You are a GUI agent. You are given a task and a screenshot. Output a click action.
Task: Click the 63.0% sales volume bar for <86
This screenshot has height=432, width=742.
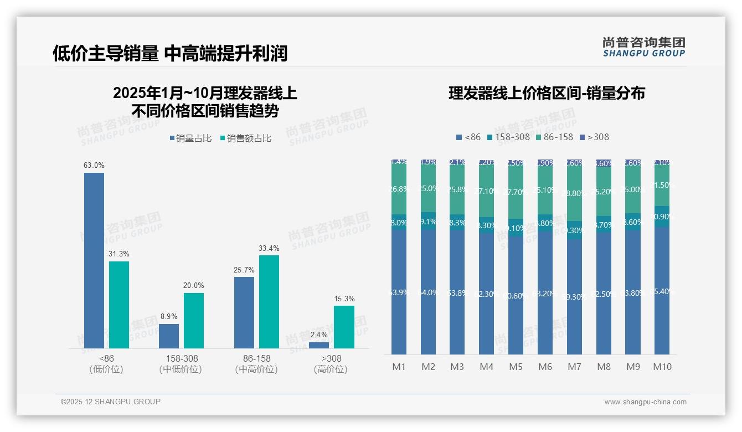94,260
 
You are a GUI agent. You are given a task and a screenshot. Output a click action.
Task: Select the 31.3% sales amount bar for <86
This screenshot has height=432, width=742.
119,305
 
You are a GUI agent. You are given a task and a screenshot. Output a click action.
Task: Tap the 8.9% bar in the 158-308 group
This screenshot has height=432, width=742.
169,336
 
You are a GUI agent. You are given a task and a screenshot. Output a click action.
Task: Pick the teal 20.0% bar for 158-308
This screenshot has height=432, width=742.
194,321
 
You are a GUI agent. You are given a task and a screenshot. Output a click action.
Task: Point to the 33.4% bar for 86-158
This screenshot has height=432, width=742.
269,302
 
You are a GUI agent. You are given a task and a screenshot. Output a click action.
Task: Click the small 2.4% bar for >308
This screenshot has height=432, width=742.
319,345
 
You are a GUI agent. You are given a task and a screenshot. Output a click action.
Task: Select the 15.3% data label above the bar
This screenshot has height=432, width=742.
344,299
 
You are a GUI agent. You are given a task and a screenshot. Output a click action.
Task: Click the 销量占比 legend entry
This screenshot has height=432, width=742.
190,138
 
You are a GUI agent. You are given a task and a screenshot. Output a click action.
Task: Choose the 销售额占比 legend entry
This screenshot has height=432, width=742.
245,138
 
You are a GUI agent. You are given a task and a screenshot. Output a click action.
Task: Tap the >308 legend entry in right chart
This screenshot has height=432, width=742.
594,137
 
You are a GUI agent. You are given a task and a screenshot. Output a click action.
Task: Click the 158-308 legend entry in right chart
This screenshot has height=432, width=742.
508,137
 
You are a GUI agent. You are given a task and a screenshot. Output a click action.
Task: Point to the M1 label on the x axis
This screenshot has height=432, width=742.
399,367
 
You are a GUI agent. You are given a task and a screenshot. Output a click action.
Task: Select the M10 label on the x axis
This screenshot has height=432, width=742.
662,367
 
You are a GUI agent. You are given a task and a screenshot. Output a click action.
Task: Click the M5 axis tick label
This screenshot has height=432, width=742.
516,367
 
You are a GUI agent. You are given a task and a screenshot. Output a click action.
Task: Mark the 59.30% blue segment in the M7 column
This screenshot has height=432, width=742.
574,296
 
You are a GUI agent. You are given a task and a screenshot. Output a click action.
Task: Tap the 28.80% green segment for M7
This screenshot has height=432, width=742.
574,194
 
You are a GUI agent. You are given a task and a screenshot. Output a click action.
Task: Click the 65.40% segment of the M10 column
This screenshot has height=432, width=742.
662,291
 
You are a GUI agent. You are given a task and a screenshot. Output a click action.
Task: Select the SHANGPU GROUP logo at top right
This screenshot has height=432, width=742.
644,47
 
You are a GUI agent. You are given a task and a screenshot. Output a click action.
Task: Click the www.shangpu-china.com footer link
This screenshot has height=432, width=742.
645,402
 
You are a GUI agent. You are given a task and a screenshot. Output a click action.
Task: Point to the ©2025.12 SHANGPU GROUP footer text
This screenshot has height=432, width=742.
111,402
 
